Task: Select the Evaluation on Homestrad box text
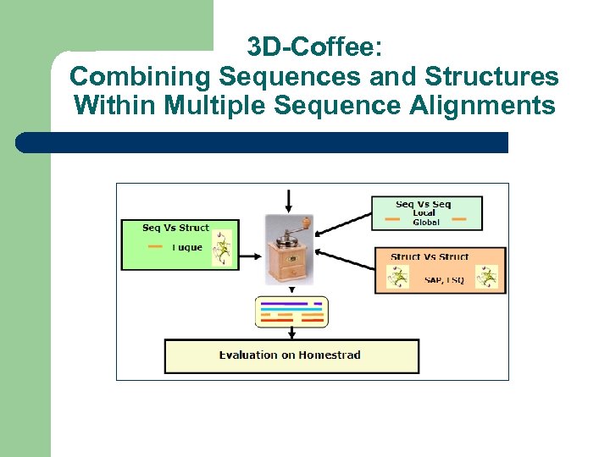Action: click(x=290, y=355)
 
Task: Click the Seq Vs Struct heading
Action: click(x=175, y=228)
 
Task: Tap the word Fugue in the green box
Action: click(x=187, y=248)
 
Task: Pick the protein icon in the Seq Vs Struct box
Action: click(x=221, y=249)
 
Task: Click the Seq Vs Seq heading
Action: click(x=424, y=204)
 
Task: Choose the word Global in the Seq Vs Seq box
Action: click(x=426, y=223)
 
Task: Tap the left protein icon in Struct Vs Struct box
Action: click(x=396, y=277)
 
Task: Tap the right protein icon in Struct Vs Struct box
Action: click(x=486, y=277)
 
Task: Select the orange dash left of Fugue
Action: click(x=155, y=247)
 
